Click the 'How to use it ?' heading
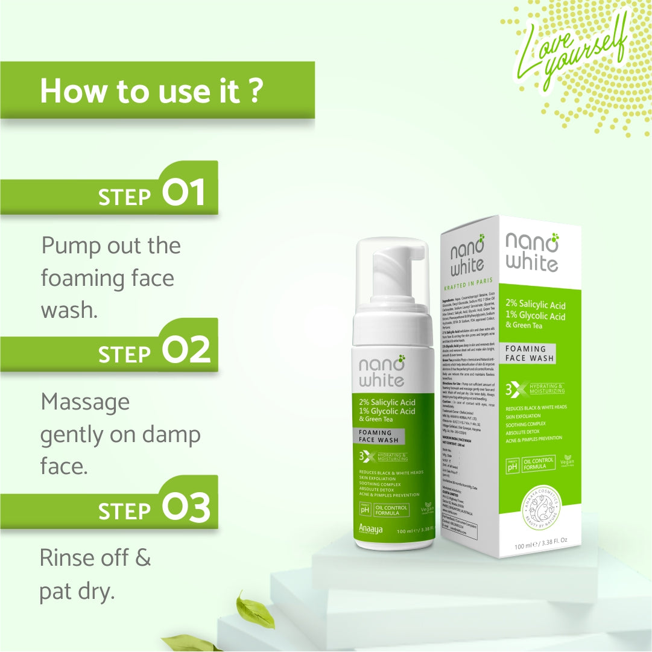pos(151,90)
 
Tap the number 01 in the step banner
pos(184,192)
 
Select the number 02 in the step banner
pos(186,350)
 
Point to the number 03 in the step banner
pos(186,507)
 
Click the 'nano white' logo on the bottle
pos(382,372)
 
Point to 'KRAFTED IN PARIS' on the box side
pos(468,280)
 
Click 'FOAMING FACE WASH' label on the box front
pos(529,353)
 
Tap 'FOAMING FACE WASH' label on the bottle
pos(376,436)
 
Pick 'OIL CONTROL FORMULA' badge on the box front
pos(539,464)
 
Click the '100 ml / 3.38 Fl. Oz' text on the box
pos(541,546)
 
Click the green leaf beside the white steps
pos(255,610)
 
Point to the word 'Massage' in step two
pos(85,402)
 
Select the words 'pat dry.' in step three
pos(77,592)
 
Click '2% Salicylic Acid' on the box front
pos(535,305)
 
